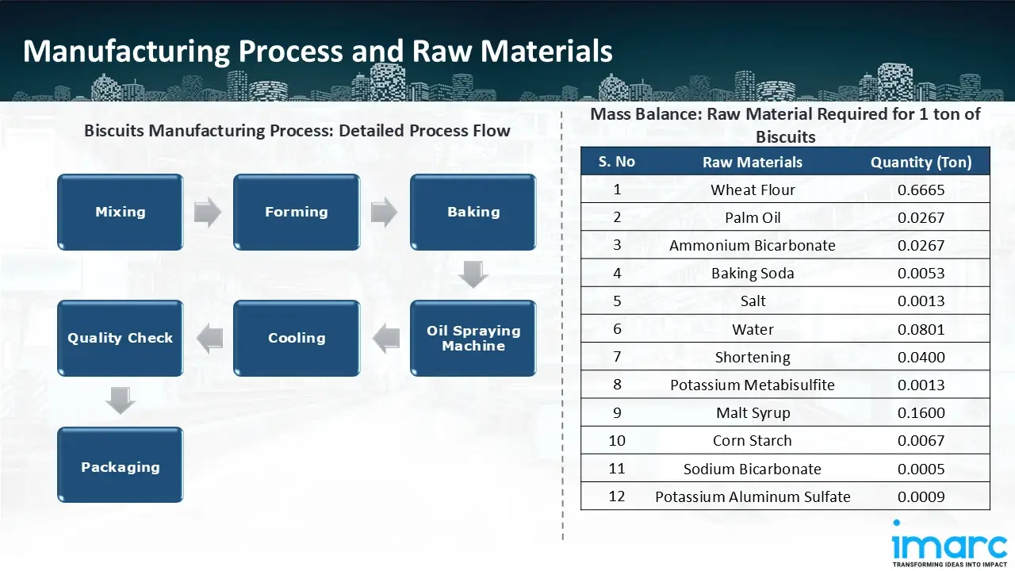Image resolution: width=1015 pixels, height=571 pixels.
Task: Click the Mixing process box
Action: point(120,212)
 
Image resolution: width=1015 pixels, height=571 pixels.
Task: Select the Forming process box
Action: point(296,212)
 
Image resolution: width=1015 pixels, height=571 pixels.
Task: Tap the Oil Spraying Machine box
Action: point(473,338)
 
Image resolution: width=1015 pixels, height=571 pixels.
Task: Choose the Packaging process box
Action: point(120,466)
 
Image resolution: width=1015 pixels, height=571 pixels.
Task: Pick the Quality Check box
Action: point(120,338)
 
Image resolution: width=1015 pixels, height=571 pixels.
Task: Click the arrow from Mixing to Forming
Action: point(208,212)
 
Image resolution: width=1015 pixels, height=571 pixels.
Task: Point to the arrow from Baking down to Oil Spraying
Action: point(473,275)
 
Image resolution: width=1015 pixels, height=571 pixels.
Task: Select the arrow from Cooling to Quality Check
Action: point(209,339)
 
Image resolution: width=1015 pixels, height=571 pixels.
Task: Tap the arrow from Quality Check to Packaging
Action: point(121,401)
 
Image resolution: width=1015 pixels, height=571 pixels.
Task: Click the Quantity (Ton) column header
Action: point(921,162)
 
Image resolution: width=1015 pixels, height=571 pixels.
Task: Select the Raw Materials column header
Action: point(752,162)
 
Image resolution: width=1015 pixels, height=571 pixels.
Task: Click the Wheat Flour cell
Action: point(752,190)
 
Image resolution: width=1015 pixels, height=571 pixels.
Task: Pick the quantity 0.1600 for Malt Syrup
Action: point(921,412)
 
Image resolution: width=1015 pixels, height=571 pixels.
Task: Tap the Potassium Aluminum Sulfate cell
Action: point(752,496)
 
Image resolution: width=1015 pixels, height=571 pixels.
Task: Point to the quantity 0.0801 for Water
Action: point(921,329)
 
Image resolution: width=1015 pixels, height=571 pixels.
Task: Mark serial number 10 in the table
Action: point(616,440)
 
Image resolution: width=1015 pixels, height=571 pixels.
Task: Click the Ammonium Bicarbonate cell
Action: point(752,245)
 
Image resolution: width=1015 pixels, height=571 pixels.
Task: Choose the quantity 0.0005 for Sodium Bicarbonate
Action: point(921,469)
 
